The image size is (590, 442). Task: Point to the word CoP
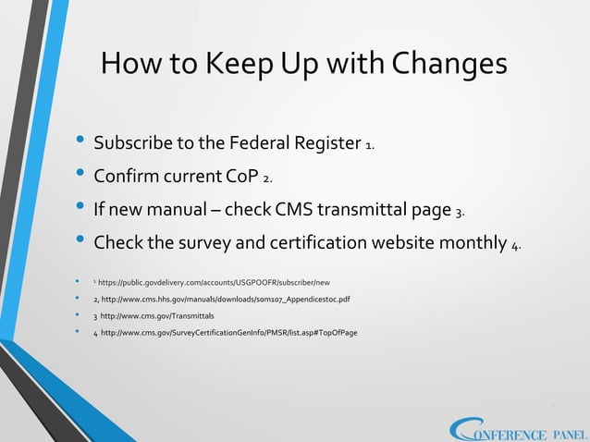click(240, 177)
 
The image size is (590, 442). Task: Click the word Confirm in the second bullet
click(133, 177)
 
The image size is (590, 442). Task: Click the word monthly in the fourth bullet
click(468, 243)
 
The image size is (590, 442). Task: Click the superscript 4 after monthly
click(515, 246)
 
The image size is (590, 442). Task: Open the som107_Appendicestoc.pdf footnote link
click(221, 299)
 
